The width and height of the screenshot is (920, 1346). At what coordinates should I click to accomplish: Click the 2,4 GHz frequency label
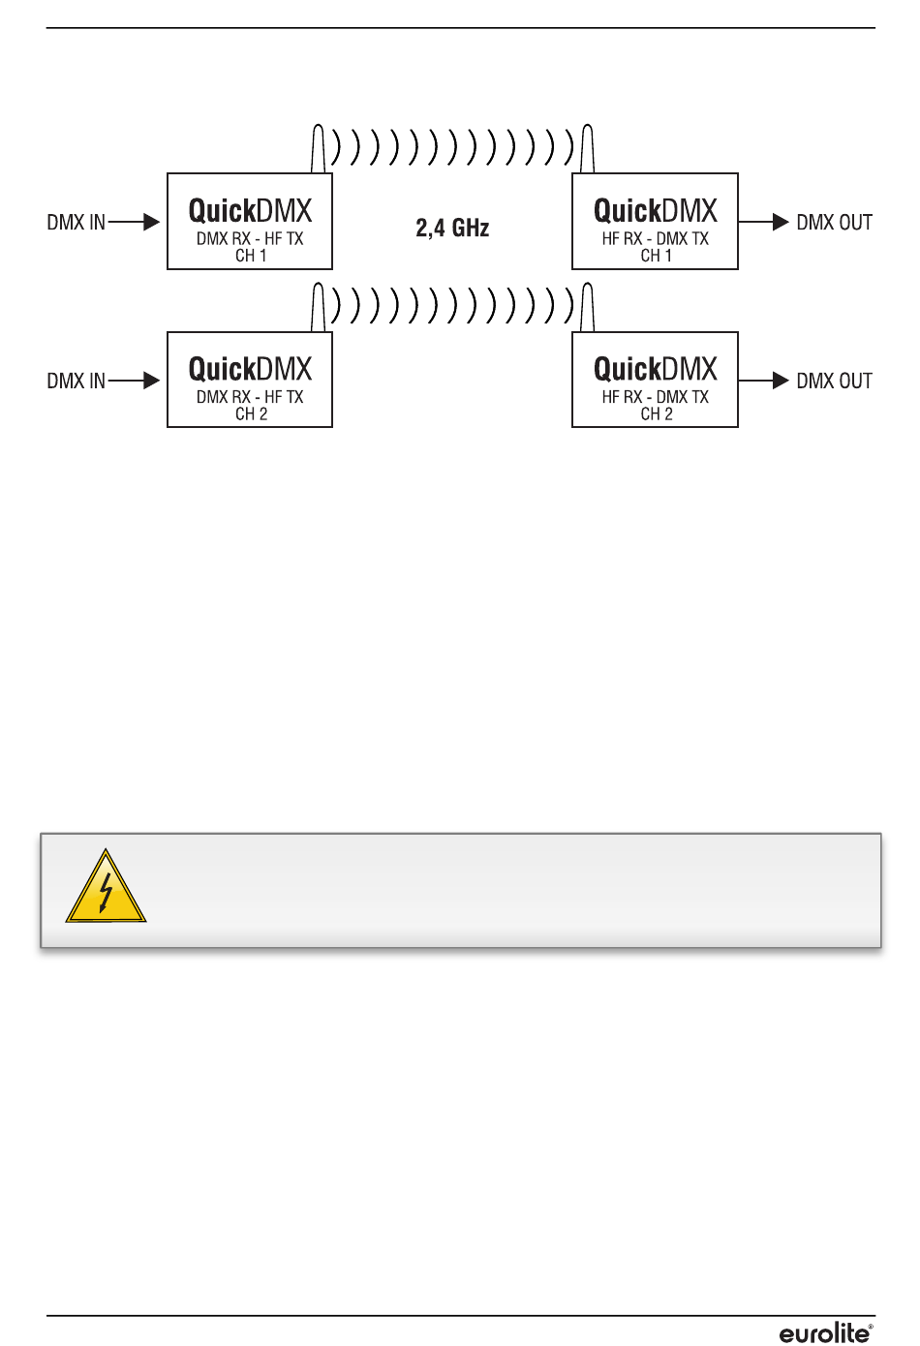pyautogui.click(x=452, y=229)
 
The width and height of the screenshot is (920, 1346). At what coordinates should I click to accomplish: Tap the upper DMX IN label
pyautogui.click(x=76, y=223)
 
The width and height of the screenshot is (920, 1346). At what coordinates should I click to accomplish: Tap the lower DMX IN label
pyautogui.click(x=76, y=382)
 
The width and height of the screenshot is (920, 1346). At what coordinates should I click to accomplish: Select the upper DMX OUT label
pyautogui.click(x=834, y=223)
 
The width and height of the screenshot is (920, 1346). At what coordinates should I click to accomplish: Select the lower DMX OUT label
pyautogui.click(x=834, y=382)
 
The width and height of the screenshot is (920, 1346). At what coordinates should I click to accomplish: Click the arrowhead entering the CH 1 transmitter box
pyautogui.click(x=151, y=223)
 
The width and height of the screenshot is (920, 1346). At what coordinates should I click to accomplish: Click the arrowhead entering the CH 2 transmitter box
pyautogui.click(x=151, y=381)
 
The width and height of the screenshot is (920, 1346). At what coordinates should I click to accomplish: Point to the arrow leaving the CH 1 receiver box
pyautogui.click(x=765, y=223)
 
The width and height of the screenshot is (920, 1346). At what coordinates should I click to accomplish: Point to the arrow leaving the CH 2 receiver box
pyautogui.click(x=765, y=381)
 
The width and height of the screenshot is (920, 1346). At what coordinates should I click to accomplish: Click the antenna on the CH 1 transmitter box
pyautogui.click(x=318, y=150)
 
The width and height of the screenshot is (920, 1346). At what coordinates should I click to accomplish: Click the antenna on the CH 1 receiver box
pyautogui.click(x=587, y=150)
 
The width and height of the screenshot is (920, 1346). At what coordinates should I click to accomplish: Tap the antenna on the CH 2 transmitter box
pyautogui.click(x=318, y=308)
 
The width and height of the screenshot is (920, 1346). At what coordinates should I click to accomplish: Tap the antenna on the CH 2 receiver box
pyautogui.click(x=587, y=308)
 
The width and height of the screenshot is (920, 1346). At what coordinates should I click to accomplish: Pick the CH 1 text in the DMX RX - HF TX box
pyautogui.click(x=251, y=257)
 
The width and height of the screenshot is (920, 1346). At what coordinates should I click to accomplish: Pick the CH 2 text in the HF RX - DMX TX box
pyautogui.click(x=657, y=414)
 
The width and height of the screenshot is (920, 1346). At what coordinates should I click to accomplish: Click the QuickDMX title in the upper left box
pyautogui.click(x=250, y=211)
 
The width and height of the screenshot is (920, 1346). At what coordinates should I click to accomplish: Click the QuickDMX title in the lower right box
pyautogui.click(x=656, y=370)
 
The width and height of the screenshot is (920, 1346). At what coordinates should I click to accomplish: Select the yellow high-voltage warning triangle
pyautogui.click(x=106, y=888)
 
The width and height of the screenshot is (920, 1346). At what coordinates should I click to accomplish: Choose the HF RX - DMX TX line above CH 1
pyautogui.click(x=656, y=239)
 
